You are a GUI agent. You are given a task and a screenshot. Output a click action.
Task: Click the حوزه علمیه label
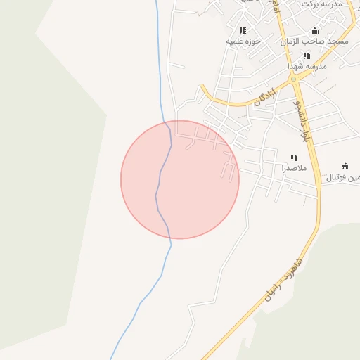pos(243,41)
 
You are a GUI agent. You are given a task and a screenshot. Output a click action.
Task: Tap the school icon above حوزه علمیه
pos(243,30)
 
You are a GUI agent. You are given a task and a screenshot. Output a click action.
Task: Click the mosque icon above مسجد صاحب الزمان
pos(314,31)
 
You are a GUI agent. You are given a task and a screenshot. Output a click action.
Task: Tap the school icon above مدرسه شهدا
pos(307,55)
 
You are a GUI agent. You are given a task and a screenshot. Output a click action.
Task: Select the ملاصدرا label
pos(294,168)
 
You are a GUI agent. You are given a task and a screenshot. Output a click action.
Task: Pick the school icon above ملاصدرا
pos(294,157)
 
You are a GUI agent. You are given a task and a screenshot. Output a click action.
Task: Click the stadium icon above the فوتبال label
pos(345,166)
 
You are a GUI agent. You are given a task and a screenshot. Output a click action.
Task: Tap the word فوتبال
pos(339,177)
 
